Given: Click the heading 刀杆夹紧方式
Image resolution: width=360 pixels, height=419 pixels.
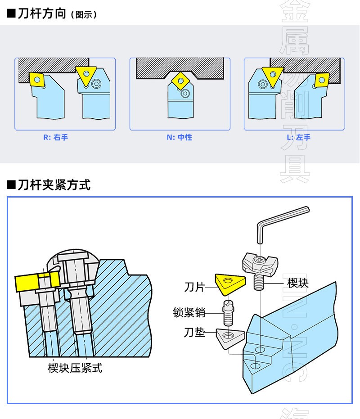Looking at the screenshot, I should pyautogui.click(x=54, y=185).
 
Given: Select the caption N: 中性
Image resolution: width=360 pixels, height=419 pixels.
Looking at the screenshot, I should pyautogui.click(x=179, y=137).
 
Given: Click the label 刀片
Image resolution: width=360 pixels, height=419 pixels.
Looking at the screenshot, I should pyautogui.click(x=194, y=287).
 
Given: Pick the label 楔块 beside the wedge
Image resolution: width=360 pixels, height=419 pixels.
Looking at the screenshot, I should pyautogui.click(x=298, y=283).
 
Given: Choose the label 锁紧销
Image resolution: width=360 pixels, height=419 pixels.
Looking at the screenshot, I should pyautogui.click(x=189, y=312).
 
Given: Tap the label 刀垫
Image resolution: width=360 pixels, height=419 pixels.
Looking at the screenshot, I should pyautogui.click(x=194, y=333).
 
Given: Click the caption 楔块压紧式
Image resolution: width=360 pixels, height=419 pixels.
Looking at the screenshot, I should pyautogui.click(x=75, y=368).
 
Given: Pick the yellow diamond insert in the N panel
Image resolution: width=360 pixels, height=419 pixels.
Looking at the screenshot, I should pyautogui.click(x=180, y=81).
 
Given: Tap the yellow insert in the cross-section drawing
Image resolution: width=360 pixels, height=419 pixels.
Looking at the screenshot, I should pyautogui.click(x=28, y=283).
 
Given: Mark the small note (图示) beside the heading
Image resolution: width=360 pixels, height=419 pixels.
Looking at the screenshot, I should pyautogui.click(x=84, y=14).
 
